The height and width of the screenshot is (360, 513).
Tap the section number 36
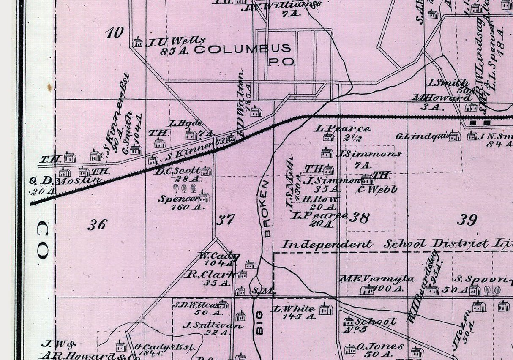click(x=97, y=224)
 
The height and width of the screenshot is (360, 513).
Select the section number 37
click(x=226, y=220)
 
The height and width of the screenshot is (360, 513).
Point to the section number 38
click(x=360, y=218)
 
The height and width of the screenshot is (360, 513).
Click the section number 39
click(x=467, y=219)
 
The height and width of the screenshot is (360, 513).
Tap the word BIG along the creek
click(x=259, y=322)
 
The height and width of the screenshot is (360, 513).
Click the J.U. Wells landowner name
click(x=175, y=41)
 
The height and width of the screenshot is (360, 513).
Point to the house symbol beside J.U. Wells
click(x=137, y=42)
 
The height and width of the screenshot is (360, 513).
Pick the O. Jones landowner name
click(x=374, y=346)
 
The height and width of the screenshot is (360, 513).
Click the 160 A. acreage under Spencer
click(x=187, y=207)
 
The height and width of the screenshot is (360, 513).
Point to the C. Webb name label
click(x=377, y=190)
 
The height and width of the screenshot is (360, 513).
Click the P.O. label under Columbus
click(x=281, y=62)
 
